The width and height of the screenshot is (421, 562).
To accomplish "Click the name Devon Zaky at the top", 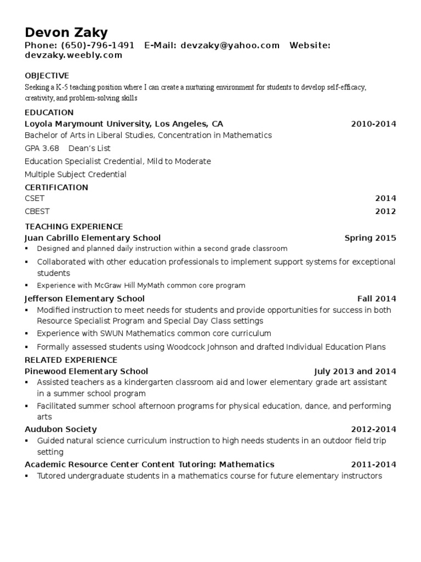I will (66, 32).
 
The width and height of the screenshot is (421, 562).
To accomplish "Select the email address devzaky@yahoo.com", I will (230, 46).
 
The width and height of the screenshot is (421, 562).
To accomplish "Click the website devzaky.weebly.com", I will (73, 55).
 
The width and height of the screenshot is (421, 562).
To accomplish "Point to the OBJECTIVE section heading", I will (47, 76).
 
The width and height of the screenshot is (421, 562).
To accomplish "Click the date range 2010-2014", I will (373, 124).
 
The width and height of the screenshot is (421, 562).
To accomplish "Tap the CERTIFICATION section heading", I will (56, 187).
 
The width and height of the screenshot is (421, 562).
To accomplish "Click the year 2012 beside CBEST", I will (385, 211).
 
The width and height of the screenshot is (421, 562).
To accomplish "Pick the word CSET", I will (35, 198).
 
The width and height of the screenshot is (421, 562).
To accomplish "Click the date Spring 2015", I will (370, 238).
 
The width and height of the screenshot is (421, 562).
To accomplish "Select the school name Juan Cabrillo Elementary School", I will (93, 238).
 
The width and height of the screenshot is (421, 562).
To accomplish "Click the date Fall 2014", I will (377, 299).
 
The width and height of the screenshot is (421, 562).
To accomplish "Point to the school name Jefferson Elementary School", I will (85, 299).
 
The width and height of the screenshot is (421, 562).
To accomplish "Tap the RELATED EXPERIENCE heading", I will (71, 360).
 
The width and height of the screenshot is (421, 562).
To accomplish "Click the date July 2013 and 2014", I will (355, 372).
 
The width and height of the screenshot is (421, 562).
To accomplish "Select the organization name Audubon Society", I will (61, 429).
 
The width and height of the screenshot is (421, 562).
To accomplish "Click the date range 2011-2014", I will (373, 464).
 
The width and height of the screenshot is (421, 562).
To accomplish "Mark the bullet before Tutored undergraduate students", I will (27, 476).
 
